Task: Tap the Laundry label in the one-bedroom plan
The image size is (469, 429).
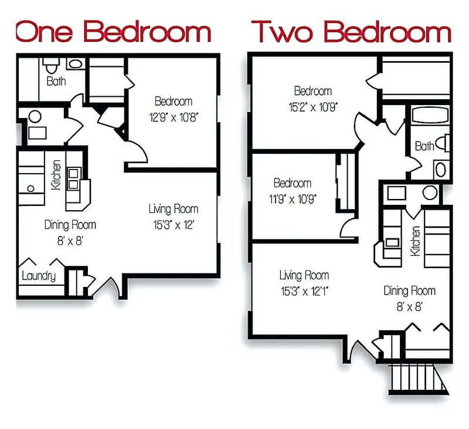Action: [x=39, y=276]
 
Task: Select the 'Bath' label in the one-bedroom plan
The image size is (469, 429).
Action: [x=56, y=81]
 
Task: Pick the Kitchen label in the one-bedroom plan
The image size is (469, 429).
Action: [x=56, y=175]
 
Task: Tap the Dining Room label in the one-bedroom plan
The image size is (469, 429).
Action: [x=70, y=224]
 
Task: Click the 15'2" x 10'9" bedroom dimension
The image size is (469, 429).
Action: [x=312, y=106]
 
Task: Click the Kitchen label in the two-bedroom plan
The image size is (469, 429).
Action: [x=415, y=241]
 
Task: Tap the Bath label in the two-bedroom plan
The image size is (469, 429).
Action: [x=424, y=146]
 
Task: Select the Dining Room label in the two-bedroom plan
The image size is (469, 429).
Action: [x=410, y=290]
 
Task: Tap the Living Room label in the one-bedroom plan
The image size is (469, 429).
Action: [x=173, y=208]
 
